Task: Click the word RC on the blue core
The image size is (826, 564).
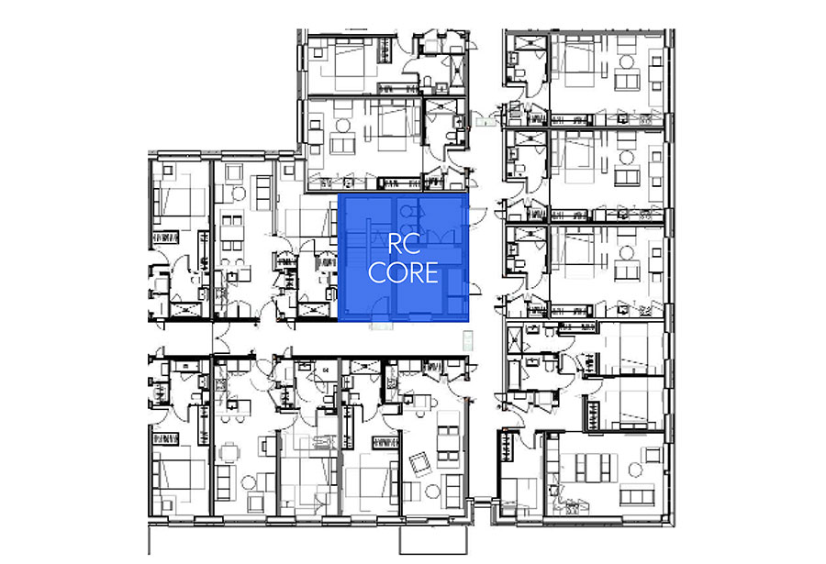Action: [404, 243]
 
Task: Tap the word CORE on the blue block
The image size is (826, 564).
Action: [403, 272]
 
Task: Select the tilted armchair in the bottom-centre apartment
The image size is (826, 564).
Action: [420, 464]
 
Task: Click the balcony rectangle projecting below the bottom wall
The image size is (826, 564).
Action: [433, 539]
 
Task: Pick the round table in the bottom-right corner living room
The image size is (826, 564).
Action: [635, 470]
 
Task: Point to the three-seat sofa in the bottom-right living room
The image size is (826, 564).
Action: [637, 496]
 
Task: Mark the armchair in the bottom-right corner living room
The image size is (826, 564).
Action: [653, 455]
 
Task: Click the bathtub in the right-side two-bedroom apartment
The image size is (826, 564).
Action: [514, 372]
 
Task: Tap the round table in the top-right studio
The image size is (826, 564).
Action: [626, 62]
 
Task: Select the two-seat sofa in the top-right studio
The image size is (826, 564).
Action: [626, 82]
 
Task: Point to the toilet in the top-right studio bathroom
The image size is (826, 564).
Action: [518, 72]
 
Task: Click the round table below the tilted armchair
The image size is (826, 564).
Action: [432, 492]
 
